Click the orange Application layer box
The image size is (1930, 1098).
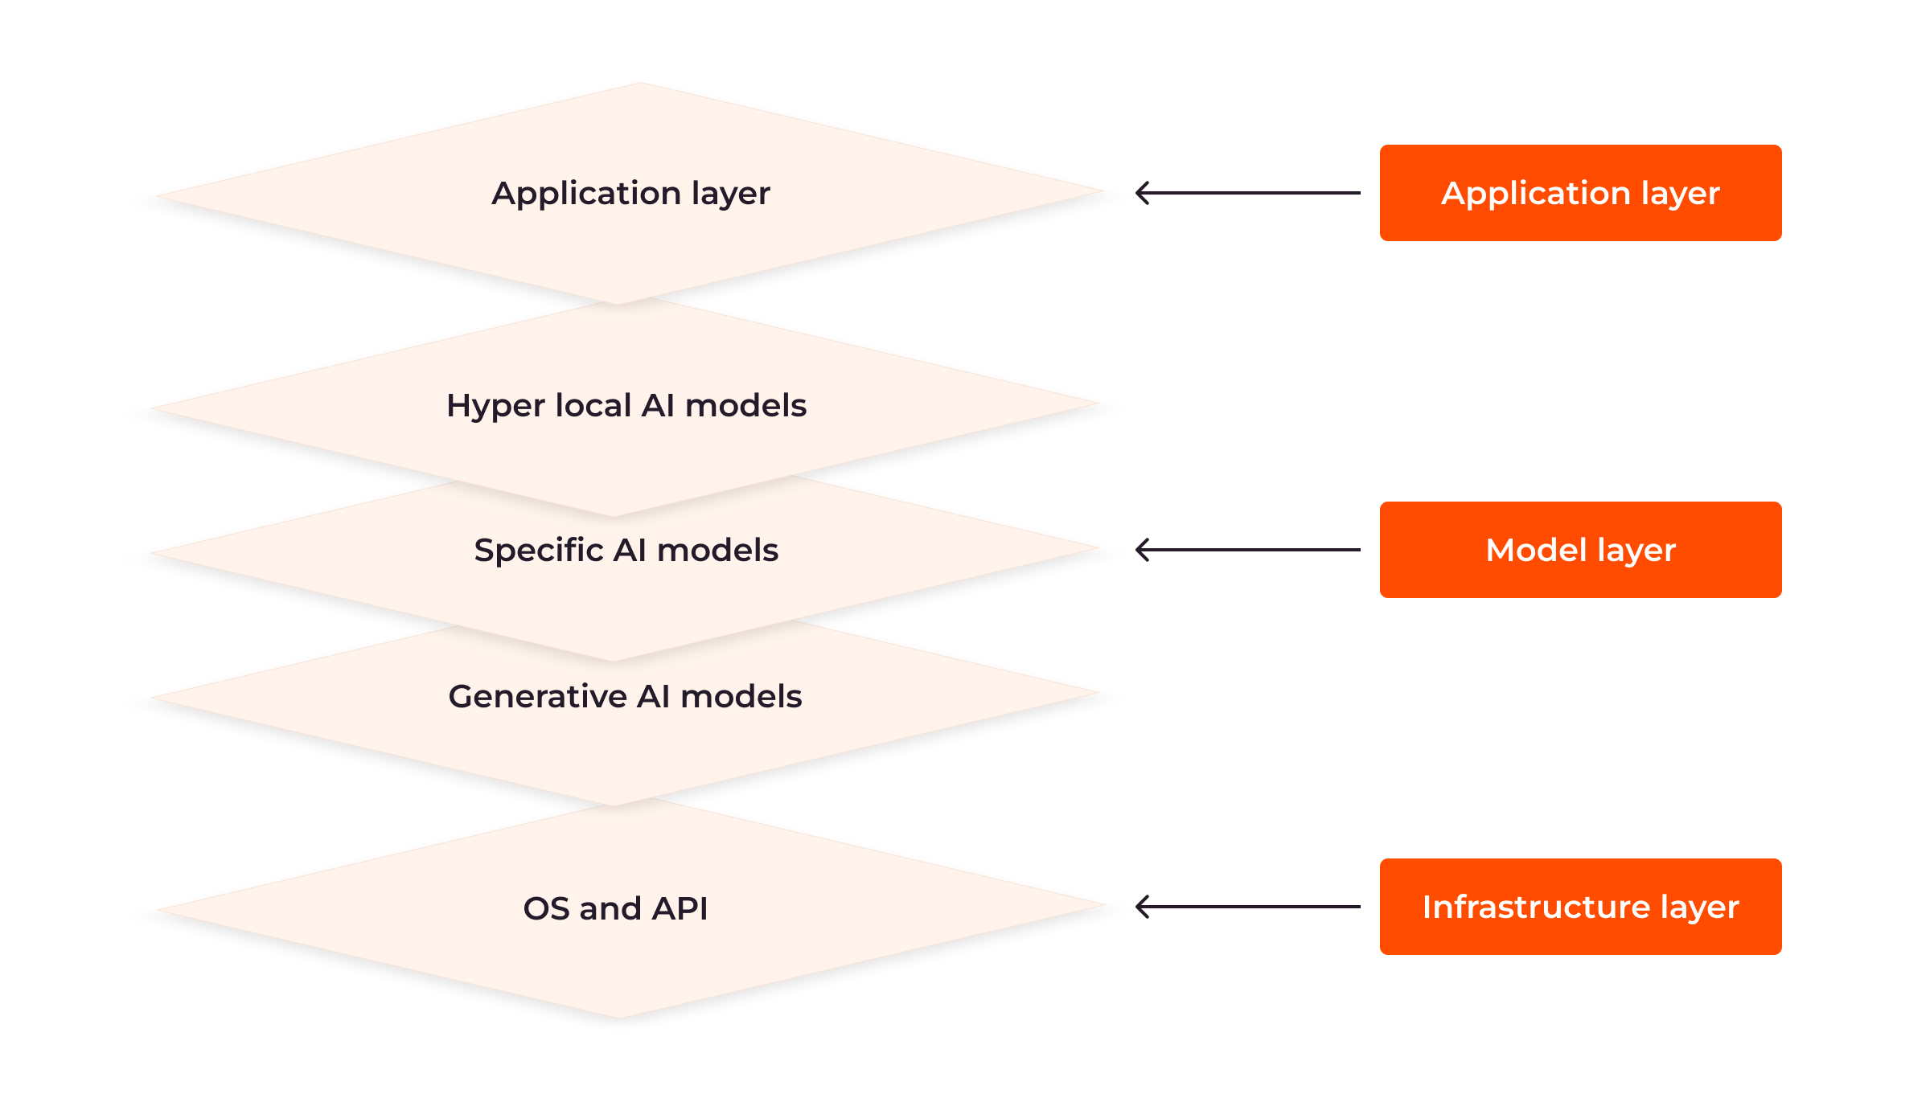point(1580,193)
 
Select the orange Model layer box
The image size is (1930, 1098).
point(1580,550)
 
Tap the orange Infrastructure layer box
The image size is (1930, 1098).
point(1580,907)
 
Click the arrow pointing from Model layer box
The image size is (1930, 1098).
point(1248,550)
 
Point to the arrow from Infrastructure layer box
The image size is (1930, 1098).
point(1248,907)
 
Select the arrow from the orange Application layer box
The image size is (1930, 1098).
point(1248,193)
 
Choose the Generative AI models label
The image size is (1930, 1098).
point(625,696)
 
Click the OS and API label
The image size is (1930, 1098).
point(615,908)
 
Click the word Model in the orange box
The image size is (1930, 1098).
point(1537,550)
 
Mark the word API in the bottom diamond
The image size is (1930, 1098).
point(680,908)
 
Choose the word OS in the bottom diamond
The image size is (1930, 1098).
point(547,908)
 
